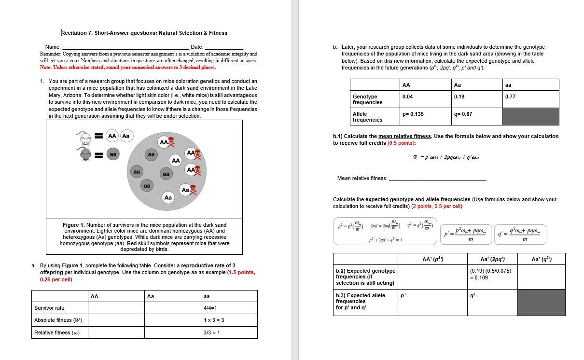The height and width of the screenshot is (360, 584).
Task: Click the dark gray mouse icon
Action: click(x=85, y=155)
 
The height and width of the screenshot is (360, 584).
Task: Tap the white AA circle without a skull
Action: click(x=176, y=160)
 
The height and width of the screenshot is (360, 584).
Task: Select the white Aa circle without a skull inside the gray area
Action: click(x=168, y=197)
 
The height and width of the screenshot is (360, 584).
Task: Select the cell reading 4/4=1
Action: click(x=229, y=308)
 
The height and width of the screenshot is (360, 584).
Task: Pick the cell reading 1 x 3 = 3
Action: click(x=229, y=320)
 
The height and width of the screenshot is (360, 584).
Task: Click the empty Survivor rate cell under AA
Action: click(x=116, y=308)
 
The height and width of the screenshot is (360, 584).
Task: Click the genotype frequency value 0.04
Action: click(x=407, y=97)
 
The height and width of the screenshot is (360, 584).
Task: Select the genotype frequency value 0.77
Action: click(x=510, y=97)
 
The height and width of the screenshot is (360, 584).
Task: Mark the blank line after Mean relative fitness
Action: click(x=437, y=180)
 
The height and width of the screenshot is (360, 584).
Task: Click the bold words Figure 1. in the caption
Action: click(x=73, y=225)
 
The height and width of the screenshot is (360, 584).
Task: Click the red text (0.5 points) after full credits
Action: click(x=401, y=143)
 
